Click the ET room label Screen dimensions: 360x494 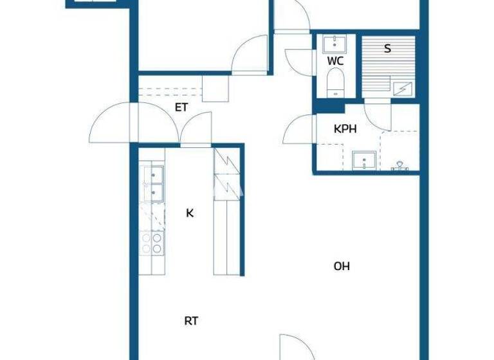[181, 107]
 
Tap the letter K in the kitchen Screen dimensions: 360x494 [190, 213]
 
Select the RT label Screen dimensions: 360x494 [191, 321]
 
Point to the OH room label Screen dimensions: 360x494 [342, 266]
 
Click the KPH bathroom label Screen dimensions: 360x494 [345, 129]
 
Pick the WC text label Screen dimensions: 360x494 [335, 61]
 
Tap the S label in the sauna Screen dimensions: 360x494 [387, 48]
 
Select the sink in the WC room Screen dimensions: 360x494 [334, 44]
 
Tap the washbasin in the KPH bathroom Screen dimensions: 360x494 [365, 159]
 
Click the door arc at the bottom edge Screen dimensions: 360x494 [296, 347]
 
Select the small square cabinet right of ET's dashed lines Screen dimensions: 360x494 [215, 87]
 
